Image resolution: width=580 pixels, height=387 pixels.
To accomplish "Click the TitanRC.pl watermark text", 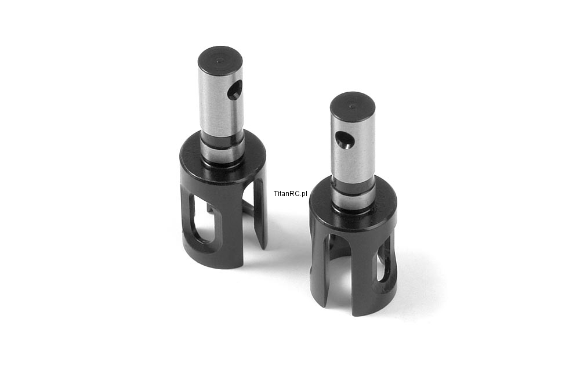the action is [x=291, y=194].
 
